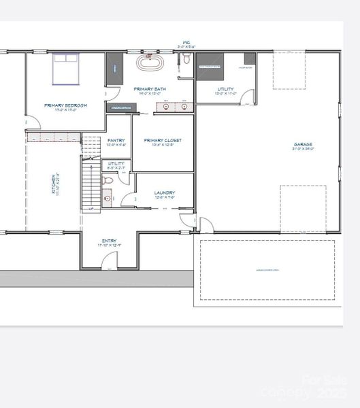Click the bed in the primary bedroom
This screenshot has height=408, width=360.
tap(66, 68)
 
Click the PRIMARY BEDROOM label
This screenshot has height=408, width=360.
tap(65, 105)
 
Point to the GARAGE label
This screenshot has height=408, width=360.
tap(304, 145)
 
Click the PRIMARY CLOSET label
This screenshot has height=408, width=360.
tap(163, 141)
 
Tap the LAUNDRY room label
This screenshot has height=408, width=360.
tap(165, 192)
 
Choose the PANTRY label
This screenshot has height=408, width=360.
tap(116, 140)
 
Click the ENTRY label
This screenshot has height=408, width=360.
tap(109, 241)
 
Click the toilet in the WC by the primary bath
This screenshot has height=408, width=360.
tap(186, 61)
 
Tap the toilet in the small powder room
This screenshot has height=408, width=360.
tap(108, 181)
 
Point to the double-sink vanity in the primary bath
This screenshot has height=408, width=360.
tap(176, 106)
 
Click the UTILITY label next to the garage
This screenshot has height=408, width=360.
tap(226, 89)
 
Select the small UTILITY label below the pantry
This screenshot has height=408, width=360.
tap(116, 163)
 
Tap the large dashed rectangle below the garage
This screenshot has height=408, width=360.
tap(267, 269)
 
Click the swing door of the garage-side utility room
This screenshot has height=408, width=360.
tap(250, 98)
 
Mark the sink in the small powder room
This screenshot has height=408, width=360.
tap(108, 199)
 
